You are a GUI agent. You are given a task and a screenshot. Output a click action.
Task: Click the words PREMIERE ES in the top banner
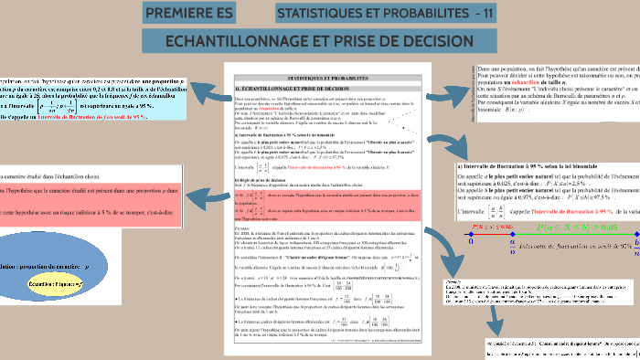[x=189, y=14]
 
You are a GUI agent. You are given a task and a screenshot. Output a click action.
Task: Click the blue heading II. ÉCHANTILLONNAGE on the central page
[x=292, y=86]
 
